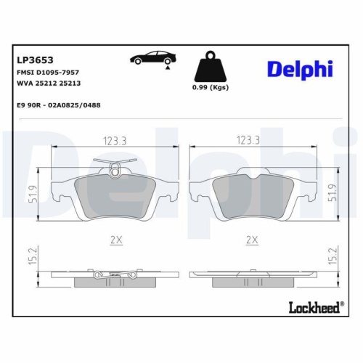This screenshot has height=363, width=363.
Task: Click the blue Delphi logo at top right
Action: (299, 69)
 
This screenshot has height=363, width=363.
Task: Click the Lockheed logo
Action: (314, 308)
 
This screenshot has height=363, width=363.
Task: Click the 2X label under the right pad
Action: (251, 238)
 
